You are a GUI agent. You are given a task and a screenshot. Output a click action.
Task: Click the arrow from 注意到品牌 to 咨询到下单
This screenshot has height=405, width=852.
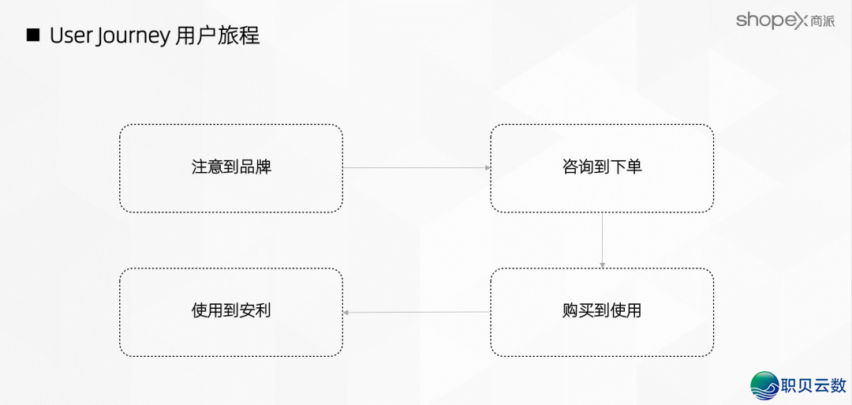click(x=417, y=168)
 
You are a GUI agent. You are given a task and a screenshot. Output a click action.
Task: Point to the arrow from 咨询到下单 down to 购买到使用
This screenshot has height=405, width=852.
click(x=602, y=240)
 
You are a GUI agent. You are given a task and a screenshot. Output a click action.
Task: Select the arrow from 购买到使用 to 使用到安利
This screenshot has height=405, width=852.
click(x=417, y=313)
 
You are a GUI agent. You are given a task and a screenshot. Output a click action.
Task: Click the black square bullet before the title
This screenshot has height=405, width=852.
click(x=33, y=36)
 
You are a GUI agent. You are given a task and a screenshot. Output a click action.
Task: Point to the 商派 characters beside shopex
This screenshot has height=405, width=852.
click(x=821, y=22)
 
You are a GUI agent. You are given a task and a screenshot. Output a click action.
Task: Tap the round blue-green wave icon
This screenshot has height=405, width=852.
click(x=764, y=384)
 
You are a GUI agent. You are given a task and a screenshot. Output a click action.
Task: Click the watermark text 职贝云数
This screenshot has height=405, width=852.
click(x=813, y=385)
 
